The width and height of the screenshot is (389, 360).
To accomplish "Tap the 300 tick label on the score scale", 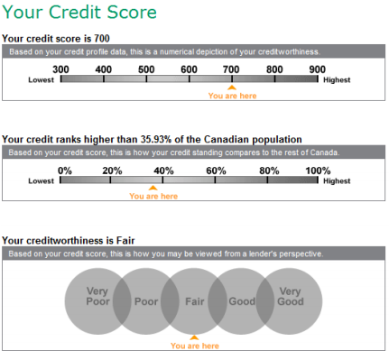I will pyautogui.click(x=60, y=69).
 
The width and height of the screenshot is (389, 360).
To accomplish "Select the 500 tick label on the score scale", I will pyautogui.click(x=146, y=69).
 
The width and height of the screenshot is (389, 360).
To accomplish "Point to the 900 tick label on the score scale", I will pyautogui.click(x=317, y=69).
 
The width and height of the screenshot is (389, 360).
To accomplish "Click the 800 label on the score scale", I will pyautogui.click(x=274, y=69).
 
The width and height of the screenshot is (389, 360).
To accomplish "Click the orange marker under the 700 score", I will pyautogui.click(x=232, y=87).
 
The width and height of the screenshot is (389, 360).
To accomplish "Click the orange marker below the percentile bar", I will pyautogui.click(x=153, y=187).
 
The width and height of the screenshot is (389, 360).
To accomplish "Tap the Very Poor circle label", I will pyautogui.click(x=97, y=297).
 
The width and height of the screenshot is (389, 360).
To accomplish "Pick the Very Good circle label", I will pyautogui.click(x=290, y=297).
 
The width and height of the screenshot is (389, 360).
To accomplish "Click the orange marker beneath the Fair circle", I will pyautogui.click(x=193, y=337).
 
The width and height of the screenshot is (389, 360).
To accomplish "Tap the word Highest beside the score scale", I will pyautogui.click(x=337, y=79).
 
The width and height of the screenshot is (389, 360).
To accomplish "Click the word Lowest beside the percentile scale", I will pyautogui.click(x=41, y=180).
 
